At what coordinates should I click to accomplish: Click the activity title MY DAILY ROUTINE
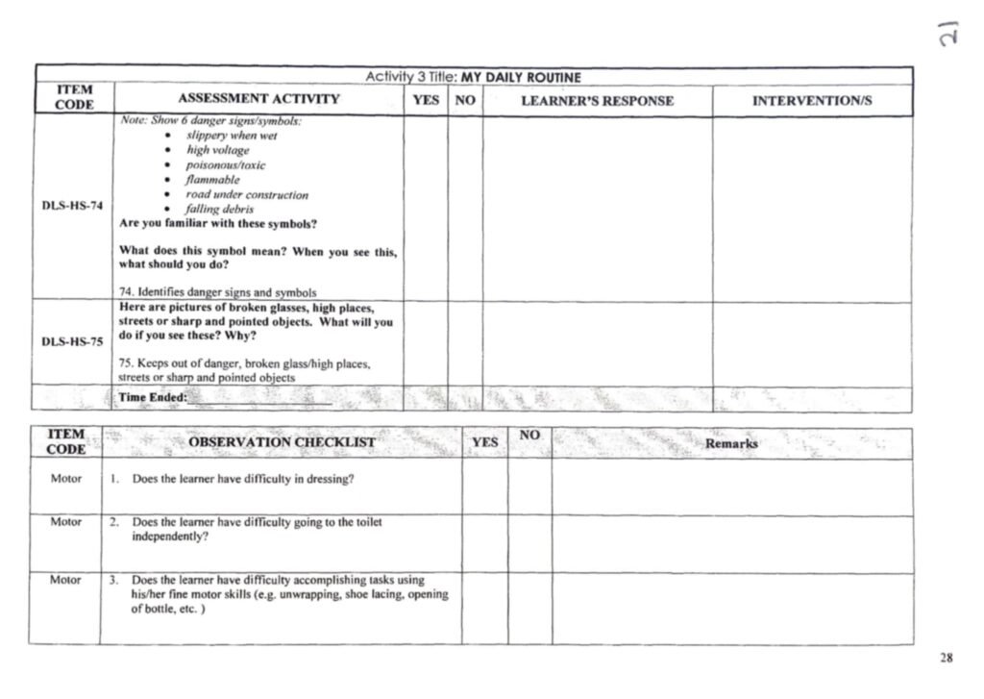point(521,77)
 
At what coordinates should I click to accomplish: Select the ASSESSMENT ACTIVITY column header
point(258,99)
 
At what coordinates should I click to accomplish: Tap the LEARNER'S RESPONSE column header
point(597,100)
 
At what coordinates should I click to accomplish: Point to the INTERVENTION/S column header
point(812,100)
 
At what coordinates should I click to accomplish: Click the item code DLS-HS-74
point(72,206)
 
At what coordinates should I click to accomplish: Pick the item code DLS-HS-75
point(72,341)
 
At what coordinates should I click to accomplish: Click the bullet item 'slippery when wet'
point(232,136)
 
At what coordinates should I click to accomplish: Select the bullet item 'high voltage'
point(217,150)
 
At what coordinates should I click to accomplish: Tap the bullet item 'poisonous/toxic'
point(226,164)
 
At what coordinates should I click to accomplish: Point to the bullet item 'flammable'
point(213,180)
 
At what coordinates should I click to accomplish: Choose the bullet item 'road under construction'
point(247,194)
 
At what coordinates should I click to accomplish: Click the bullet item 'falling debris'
point(220,209)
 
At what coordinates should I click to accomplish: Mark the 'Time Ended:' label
point(153,397)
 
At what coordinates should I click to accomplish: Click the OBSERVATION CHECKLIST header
point(282,442)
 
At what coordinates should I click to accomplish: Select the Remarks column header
point(731,443)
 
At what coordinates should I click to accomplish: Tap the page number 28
point(947,658)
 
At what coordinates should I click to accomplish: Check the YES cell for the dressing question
point(484,487)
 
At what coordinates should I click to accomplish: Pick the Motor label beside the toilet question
point(66,522)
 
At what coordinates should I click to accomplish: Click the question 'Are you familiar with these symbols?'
point(218,223)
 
